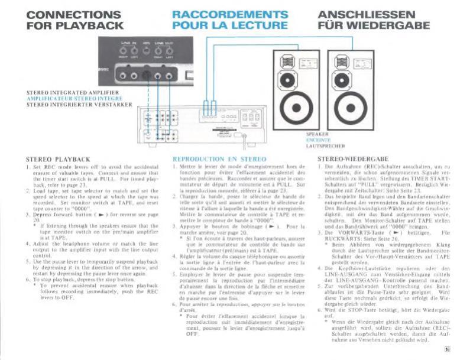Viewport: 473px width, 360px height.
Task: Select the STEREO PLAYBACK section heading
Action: pyautogui.click(x=59, y=159)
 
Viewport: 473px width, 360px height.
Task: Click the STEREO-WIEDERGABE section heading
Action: pyautogui.click(x=353, y=159)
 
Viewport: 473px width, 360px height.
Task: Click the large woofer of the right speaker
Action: pyautogui.click(x=349, y=110)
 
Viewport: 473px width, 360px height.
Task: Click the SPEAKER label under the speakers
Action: pyautogui.click(x=318, y=135)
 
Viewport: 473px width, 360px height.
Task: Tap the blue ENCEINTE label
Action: pyautogui.click(x=318, y=140)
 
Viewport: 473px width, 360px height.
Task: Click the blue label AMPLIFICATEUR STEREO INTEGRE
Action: pyautogui.click(x=64, y=98)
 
